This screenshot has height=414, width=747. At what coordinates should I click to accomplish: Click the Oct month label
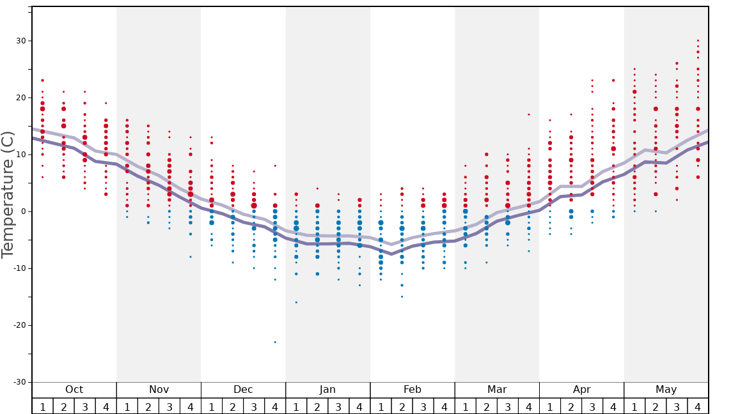pos(74,390)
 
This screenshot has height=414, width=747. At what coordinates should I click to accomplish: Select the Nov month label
pos(159,390)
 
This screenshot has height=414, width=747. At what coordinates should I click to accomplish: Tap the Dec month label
pos(243,390)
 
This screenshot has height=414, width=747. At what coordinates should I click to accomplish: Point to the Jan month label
pos(327,390)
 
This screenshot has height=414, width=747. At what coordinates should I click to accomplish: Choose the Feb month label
pos(412,390)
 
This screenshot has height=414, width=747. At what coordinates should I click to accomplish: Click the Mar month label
pos(497,390)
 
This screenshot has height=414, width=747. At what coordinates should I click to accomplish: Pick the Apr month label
pos(581,390)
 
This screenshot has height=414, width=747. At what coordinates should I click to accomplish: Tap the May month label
pos(666,390)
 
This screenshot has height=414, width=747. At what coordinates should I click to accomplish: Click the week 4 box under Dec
pos(275,406)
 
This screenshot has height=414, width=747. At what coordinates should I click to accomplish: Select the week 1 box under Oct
pos(42,406)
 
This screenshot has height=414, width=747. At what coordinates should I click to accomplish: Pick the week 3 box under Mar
pos(508,406)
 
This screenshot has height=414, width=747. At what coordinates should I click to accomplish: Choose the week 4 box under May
pos(698,406)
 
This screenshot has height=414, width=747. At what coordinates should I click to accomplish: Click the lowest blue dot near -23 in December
pos(275,342)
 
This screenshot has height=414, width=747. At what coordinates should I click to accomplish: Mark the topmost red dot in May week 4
pos(698,40)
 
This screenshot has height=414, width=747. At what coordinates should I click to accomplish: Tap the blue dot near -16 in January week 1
pos(296,302)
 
